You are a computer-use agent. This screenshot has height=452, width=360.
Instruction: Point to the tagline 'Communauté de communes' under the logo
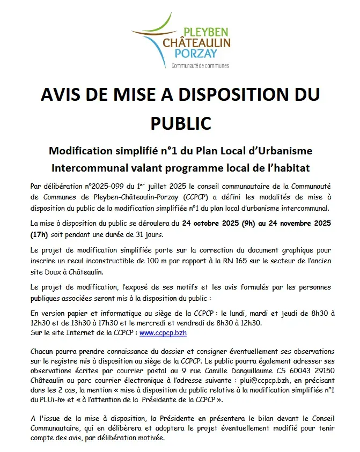[x=200, y=66]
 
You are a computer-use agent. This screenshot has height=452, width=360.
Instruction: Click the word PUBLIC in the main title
[x=180, y=122]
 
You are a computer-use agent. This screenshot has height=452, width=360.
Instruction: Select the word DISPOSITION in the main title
[x=234, y=95]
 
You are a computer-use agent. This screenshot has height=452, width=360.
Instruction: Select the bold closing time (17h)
[x=39, y=234]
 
